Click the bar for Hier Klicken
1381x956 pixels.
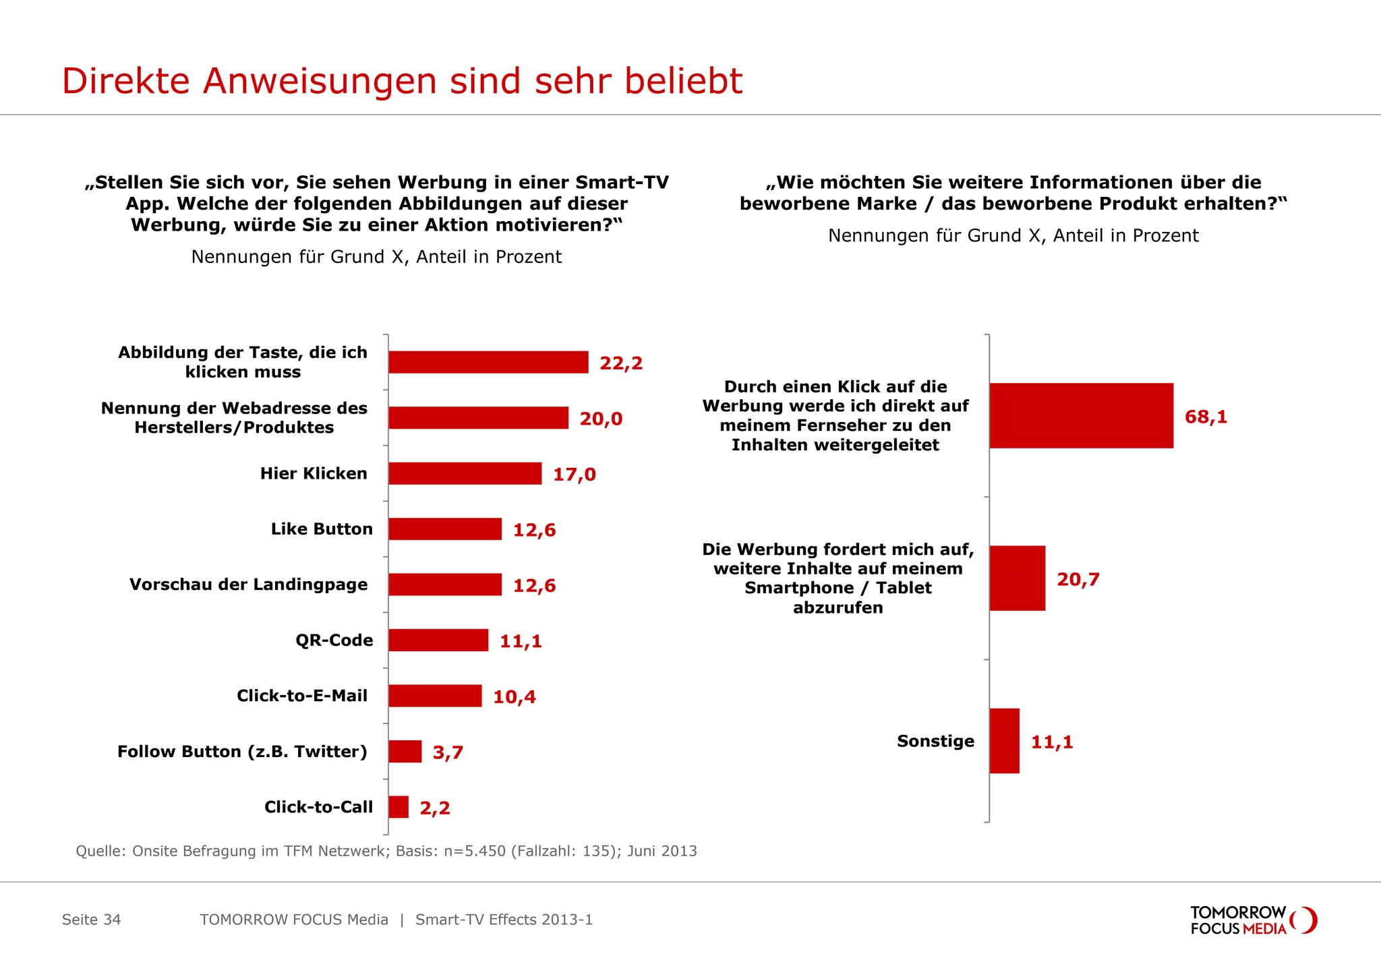click(x=465, y=473)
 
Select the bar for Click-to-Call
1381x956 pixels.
click(x=399, y=807)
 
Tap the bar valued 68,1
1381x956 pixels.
click(x=1081, y=416)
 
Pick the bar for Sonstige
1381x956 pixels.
click(x=1004, y=741)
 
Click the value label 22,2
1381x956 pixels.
click(x=620, y=363)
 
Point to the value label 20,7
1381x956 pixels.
click(x=1078, y=579)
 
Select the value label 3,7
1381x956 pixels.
click(x=447, y=752)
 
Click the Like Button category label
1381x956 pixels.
click(x=322, y=529)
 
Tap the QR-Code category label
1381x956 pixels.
click(x=334, y=640)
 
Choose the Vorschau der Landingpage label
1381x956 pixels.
click(x=248, y=585)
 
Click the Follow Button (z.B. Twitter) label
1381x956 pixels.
click(x=242, y=752)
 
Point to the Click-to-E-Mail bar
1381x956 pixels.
click(x=435, y=696)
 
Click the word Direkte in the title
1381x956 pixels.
click(x=125, y=81)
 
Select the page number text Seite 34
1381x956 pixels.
click(x=91, y=920)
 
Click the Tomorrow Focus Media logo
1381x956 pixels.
click(x=1252, y=920)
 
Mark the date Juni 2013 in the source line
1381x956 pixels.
click(x=662, y=851)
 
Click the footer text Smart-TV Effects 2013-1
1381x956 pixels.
click(x=504, y=920)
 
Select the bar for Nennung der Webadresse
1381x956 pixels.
click(x=478, y=418)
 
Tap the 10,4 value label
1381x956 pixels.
click(x=514, y=697)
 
